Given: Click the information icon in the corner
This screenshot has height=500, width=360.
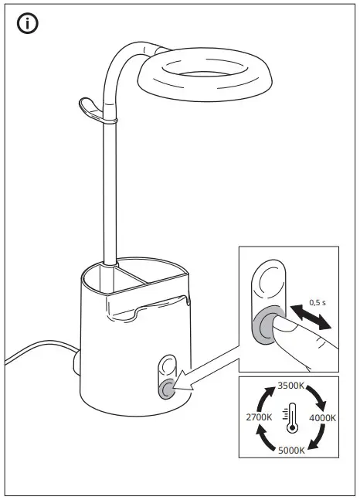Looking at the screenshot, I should tap(28, 24).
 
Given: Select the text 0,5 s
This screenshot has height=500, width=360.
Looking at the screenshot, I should tap(318, 301).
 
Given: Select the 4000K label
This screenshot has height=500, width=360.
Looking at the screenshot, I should tap(322, 417).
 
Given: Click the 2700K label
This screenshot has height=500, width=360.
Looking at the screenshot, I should tap(258, 417).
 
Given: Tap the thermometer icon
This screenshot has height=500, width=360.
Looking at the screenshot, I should tap(290, 417).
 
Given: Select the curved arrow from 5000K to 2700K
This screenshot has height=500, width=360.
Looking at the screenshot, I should tap(263, 438).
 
